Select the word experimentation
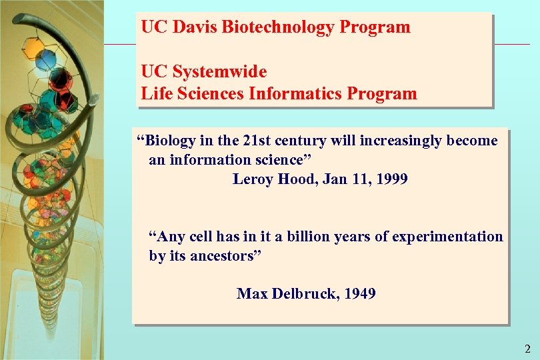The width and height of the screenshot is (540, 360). (x=447, y=237)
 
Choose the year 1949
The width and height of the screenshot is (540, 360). (x=360, y=293)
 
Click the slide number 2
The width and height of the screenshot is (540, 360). (x=527, y=348)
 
